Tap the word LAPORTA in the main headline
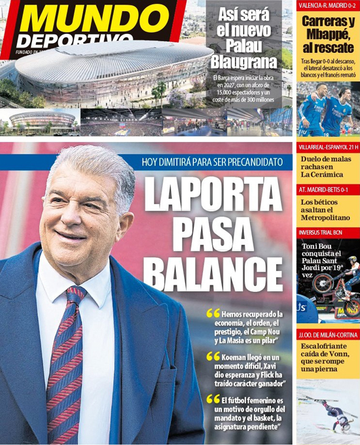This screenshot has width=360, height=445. coord(214,194)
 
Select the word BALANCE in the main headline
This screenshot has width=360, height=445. coord(213,268)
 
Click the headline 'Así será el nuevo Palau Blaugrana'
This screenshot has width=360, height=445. coord(243,44)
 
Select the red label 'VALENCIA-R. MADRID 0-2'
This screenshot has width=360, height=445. coord(327,5)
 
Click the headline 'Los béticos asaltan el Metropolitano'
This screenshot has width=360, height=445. coord(325,210)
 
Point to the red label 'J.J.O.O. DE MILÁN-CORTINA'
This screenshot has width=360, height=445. coord(327,336)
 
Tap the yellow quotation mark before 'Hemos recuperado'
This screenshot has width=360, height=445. coord(213,313)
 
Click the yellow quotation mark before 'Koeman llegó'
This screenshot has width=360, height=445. coord(213,357)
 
